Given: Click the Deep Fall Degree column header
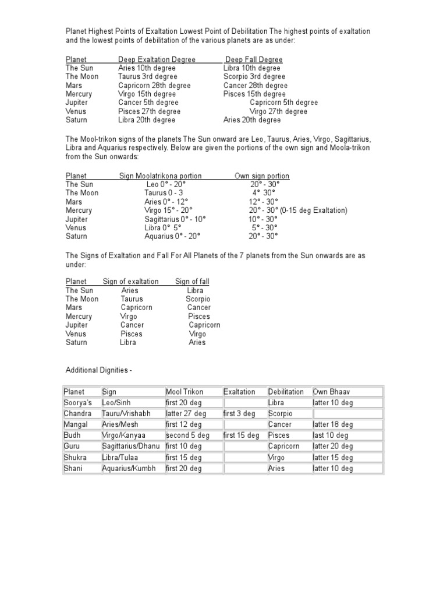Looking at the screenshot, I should pyautogui.click(x=254, y=59).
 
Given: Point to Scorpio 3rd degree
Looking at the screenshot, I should pyautogui.click(x=254, y=76).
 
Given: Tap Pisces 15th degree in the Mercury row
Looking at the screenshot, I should pyautogui.click(x=254, y=94).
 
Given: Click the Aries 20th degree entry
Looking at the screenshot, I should pyautogui.click(x=252, y=120).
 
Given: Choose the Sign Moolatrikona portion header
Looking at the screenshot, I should pyautogui.click(x=160, y=175).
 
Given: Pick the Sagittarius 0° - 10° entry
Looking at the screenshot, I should pyautogui.click(x=175, y=219).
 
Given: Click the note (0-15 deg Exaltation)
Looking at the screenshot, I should pyautogui.click(x=314, y=210).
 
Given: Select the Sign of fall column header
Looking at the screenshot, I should pyautogui.click(x=192, y=282).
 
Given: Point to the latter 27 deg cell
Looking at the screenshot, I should pyautogui.click(x=186, y=413).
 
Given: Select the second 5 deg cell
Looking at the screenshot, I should pyautogui.click(x=187, y=436).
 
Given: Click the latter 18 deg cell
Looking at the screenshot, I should pyautogui.click(x=333, y=424).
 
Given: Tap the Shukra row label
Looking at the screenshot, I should pyautogui.click(x=75, y=458).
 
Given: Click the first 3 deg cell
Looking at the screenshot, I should pyautogui.click(x=239, y=413).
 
